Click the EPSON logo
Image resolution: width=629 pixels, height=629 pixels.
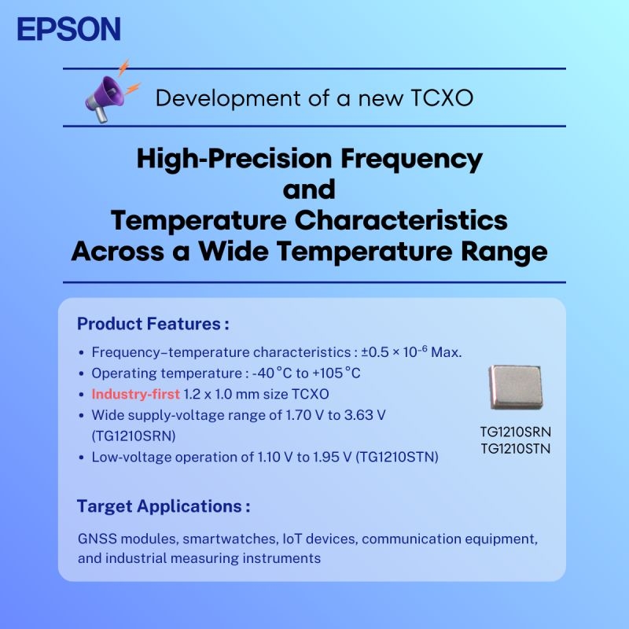(x=68, y=29)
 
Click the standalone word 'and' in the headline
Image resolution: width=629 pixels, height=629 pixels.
(x=309, y=190)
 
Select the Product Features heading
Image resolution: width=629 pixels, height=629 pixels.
(x=153, y=324)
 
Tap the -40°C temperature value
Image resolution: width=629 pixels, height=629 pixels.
(x=273, y=373)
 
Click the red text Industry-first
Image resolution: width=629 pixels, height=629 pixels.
(x=135, y=394)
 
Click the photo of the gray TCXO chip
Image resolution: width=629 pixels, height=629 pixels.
(x=516, y=388)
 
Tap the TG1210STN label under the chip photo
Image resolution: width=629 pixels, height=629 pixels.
(x=515, y=449)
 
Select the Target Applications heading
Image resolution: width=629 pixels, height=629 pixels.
(x=164, y=506)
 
